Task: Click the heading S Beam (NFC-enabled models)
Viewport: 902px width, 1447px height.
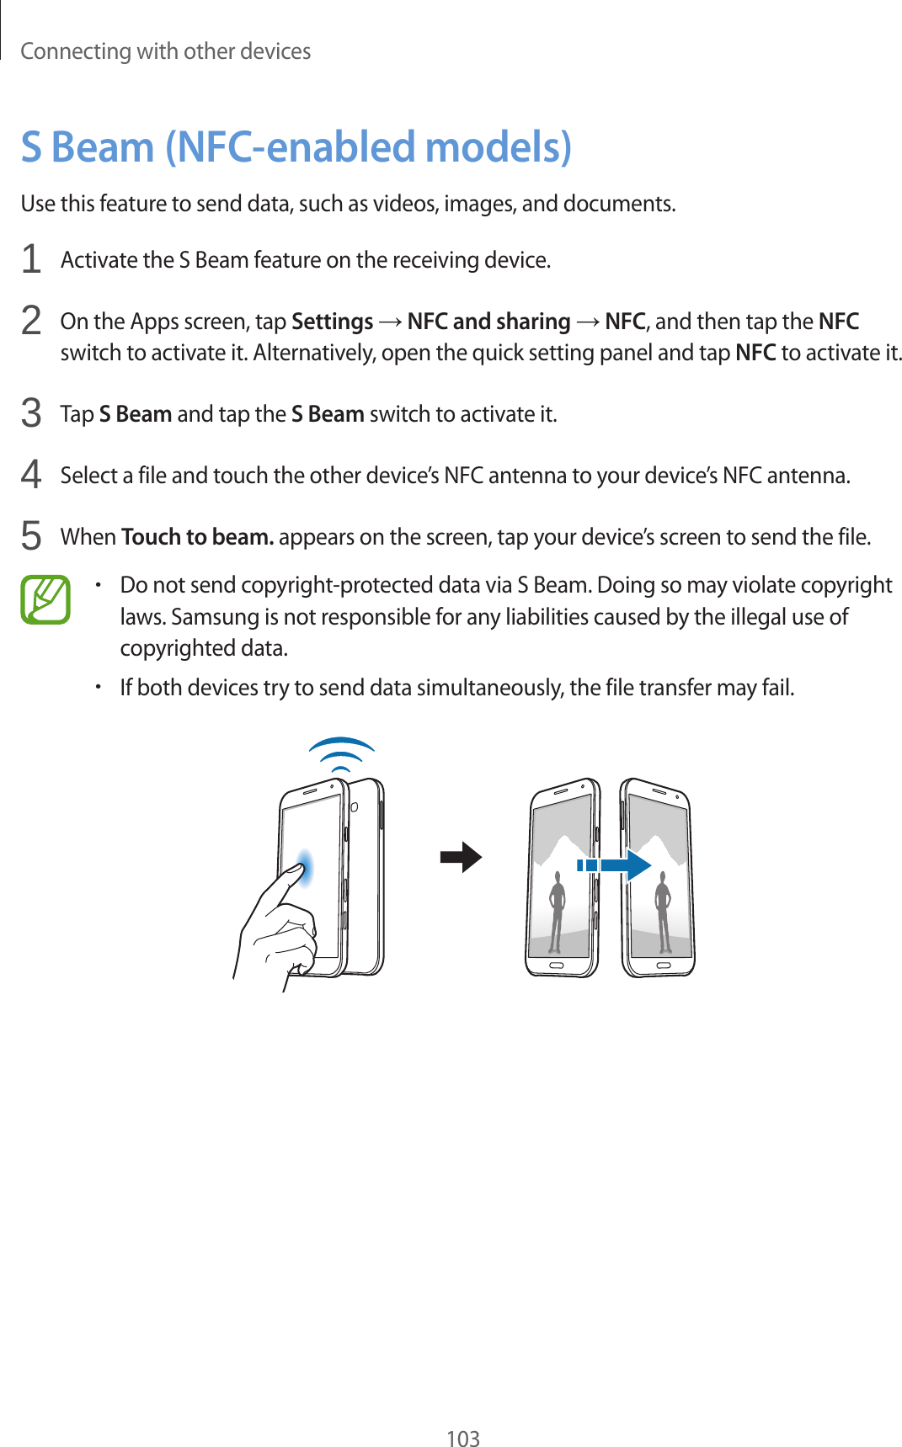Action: pos(296,147)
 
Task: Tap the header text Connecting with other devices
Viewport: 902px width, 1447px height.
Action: pos(165,51)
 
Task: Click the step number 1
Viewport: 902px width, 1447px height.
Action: pos(31,259)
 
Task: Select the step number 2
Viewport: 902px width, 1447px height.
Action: pos(31,321)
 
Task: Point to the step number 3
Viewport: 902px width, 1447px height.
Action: pos(31,413)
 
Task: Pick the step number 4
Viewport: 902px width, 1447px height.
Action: pos(31,475)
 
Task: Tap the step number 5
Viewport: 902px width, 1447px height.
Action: pos(31,536)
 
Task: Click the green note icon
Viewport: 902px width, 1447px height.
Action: pos(45,599)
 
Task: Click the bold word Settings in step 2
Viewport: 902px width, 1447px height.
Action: pos(332,322)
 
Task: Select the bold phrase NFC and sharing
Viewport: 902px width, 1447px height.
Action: pos(488,322)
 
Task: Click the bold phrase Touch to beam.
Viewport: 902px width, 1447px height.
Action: pos(197,537)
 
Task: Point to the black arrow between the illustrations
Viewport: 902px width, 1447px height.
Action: pos(461,858)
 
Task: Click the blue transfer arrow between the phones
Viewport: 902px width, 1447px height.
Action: pos(615,864)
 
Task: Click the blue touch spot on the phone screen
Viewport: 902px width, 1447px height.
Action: pos(305,868)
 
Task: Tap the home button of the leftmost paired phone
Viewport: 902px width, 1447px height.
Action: pos(556,965)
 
